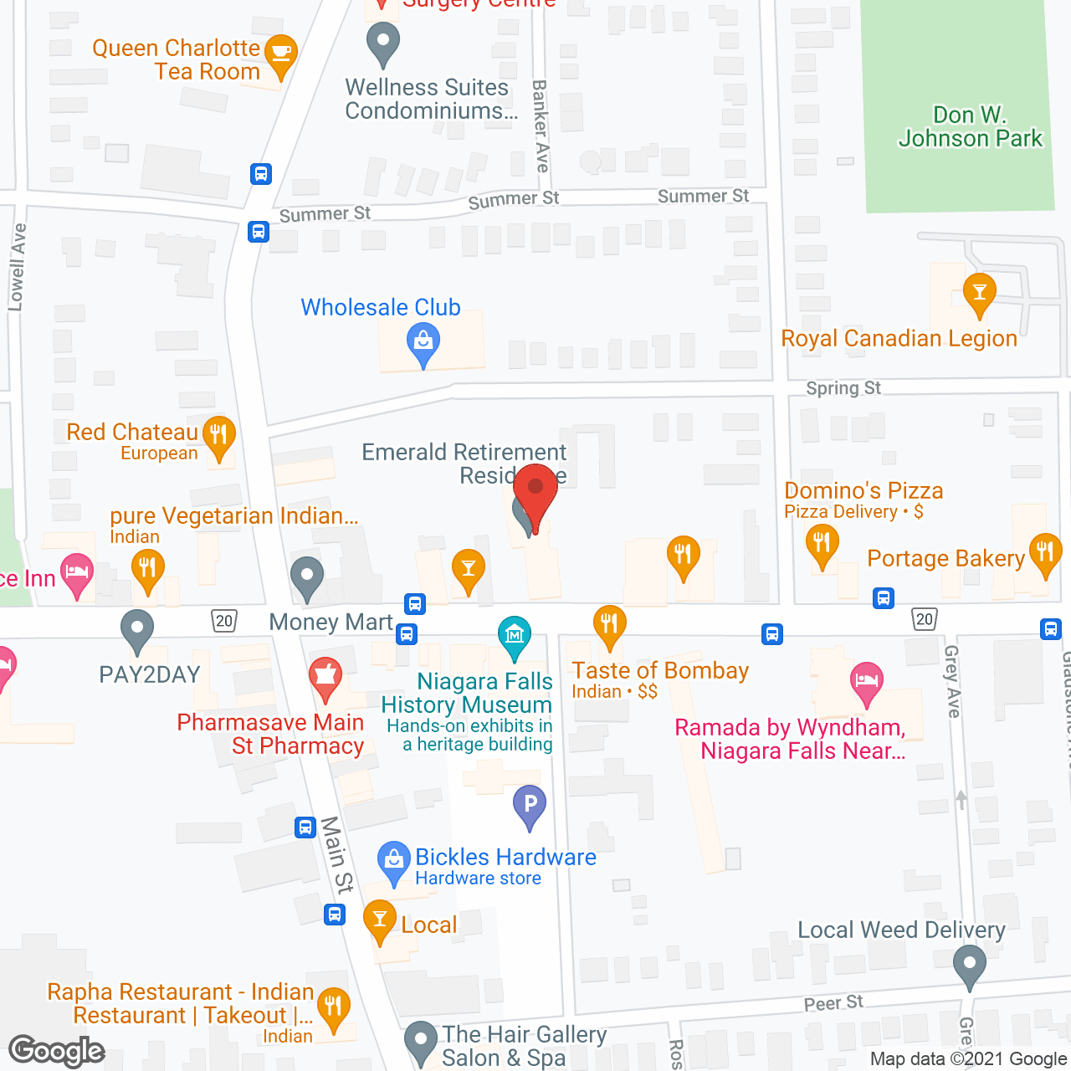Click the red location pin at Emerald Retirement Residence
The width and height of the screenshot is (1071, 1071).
535,491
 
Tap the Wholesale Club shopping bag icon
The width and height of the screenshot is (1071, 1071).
423,343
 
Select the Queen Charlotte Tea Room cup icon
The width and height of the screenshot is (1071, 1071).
281,54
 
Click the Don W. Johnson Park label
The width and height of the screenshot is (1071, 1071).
971,126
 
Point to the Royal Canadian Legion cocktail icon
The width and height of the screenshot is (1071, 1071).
979,294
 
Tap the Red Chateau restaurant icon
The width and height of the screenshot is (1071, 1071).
219,435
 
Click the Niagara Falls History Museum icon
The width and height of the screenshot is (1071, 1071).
515,637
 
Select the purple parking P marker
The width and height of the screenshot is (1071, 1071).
530,805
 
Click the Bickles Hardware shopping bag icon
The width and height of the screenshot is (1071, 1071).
393,860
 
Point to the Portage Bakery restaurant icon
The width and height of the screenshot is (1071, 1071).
1045,552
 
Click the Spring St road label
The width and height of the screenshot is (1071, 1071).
843,388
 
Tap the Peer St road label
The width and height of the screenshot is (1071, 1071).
833,1002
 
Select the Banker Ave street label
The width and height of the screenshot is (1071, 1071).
541,126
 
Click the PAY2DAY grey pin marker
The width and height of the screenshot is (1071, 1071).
137,630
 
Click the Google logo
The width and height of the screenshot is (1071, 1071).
57,1051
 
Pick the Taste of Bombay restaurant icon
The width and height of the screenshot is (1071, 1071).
610,625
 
